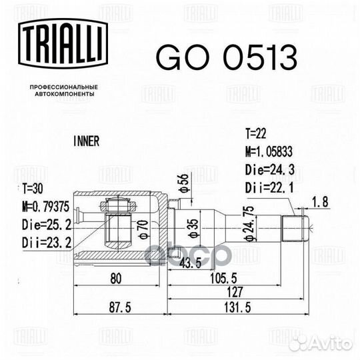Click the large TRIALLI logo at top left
63,43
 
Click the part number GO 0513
227,57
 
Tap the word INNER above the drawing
86,141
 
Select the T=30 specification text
33,189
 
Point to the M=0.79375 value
45,206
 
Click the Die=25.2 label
47,225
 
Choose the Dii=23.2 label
47,243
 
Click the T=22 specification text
256,133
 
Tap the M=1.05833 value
269,151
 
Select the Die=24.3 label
270,170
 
